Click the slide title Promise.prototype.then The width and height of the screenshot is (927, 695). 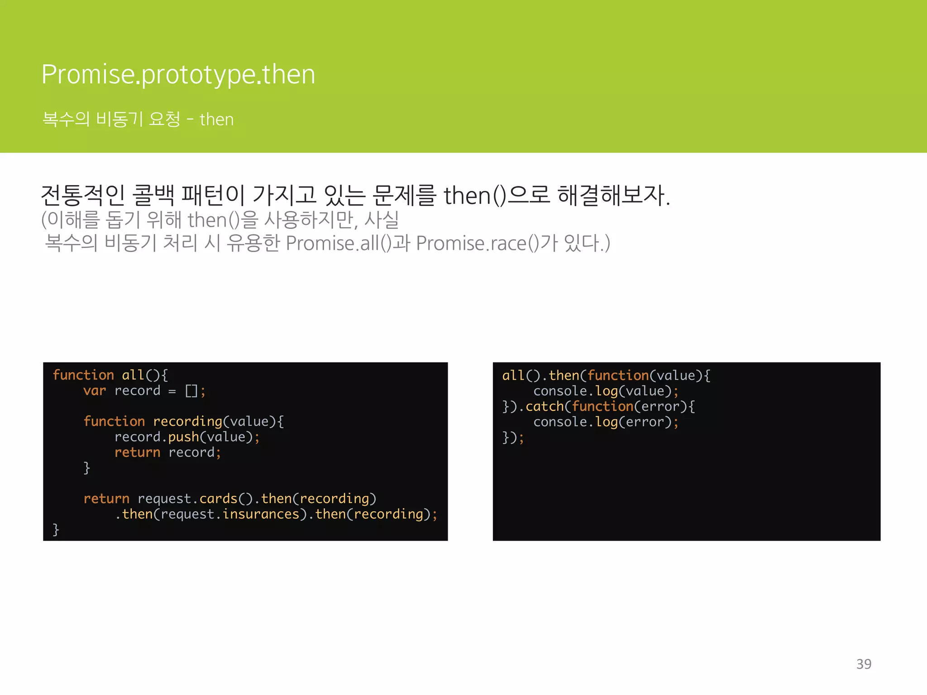pyautogui.click(x=178, y=74)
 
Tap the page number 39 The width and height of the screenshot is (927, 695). pyautogui.click(x=864, y=664)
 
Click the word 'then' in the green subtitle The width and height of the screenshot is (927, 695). pyautogui.click(x=216, y=119)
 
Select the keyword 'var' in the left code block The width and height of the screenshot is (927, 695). pyautogui.click(x=95, y=390)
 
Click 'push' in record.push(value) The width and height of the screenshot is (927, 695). pyautogui.click(x=183, y=437)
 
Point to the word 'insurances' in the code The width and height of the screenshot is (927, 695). pyautogui.click(x=261, y=514)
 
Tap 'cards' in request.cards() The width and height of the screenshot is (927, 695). pyautogui.click(x=218, y=499)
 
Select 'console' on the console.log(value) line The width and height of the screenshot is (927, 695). pyautogui.click(x=560, y=391)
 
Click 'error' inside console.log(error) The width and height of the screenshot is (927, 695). pyautogui.click(x=645, y=422)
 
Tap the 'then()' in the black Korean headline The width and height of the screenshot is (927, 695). pyautogui.click(x=475, y=196)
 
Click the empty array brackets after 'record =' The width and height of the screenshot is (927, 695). pyautogui.click(x=191, y=391)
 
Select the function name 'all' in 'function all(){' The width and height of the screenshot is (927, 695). pyautogui.click(x=133, y=375)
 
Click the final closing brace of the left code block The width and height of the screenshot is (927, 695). pyautogui.click(x=56, y=529)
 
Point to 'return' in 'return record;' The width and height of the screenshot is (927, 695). pyautogui.click(x=137, y=452)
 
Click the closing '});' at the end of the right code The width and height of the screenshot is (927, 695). pyautogui.click(x=513, y=438)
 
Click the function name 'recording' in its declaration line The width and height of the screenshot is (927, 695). pyautogui.click(x=187, y=422)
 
